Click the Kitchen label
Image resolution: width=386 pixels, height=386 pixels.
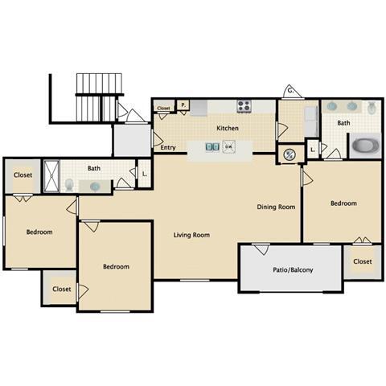pos(228,128)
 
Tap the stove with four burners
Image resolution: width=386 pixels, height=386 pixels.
pos(244,106)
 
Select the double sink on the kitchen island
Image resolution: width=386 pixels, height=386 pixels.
pos(211,147)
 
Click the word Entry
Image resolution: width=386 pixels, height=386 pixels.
pos(168,147)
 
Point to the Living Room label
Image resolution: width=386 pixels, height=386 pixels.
pos(191,235)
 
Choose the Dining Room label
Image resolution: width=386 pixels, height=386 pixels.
pos(276,207)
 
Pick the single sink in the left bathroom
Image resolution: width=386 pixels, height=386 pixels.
pos(96,186)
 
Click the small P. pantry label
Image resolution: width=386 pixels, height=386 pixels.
pos(183,105)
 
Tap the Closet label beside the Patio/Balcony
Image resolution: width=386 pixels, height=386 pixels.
pos(362,261)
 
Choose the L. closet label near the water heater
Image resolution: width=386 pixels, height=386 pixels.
pos(311,150)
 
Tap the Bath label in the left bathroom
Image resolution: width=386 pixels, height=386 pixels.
pos(93,168)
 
